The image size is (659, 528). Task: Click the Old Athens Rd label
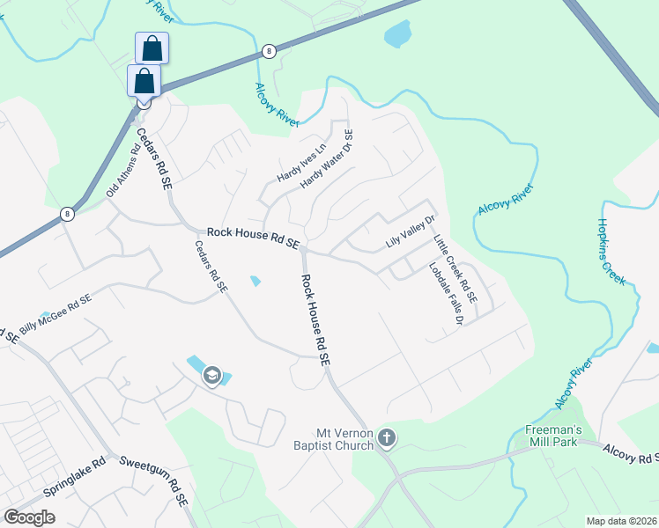point(123,170)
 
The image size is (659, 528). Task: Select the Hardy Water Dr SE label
point(327,159)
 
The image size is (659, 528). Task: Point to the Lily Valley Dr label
point(411,231)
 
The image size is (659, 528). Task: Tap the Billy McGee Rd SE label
point(55,309)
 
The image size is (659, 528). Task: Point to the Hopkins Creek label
point(611,252)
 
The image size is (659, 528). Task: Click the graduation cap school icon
point(211,377)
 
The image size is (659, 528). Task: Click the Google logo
point(29,517)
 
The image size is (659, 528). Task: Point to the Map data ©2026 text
point(621,521)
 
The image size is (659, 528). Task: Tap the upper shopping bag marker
point(152,48)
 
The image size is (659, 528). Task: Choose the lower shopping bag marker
point(144,81)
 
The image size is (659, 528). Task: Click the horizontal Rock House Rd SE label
point(254,236)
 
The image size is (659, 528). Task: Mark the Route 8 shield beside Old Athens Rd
point(67,214)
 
